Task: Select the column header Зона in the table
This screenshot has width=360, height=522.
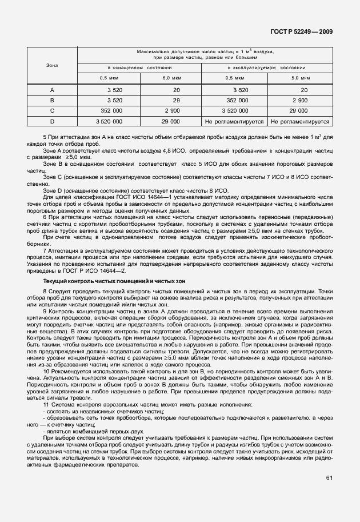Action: coord(52,65)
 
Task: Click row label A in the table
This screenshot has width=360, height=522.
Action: coord(52,90)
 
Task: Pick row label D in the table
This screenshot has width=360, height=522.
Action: coord(52,121)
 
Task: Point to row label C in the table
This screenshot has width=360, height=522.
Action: coord(52,111)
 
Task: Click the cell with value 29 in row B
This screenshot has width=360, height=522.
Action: coord(176,100)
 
